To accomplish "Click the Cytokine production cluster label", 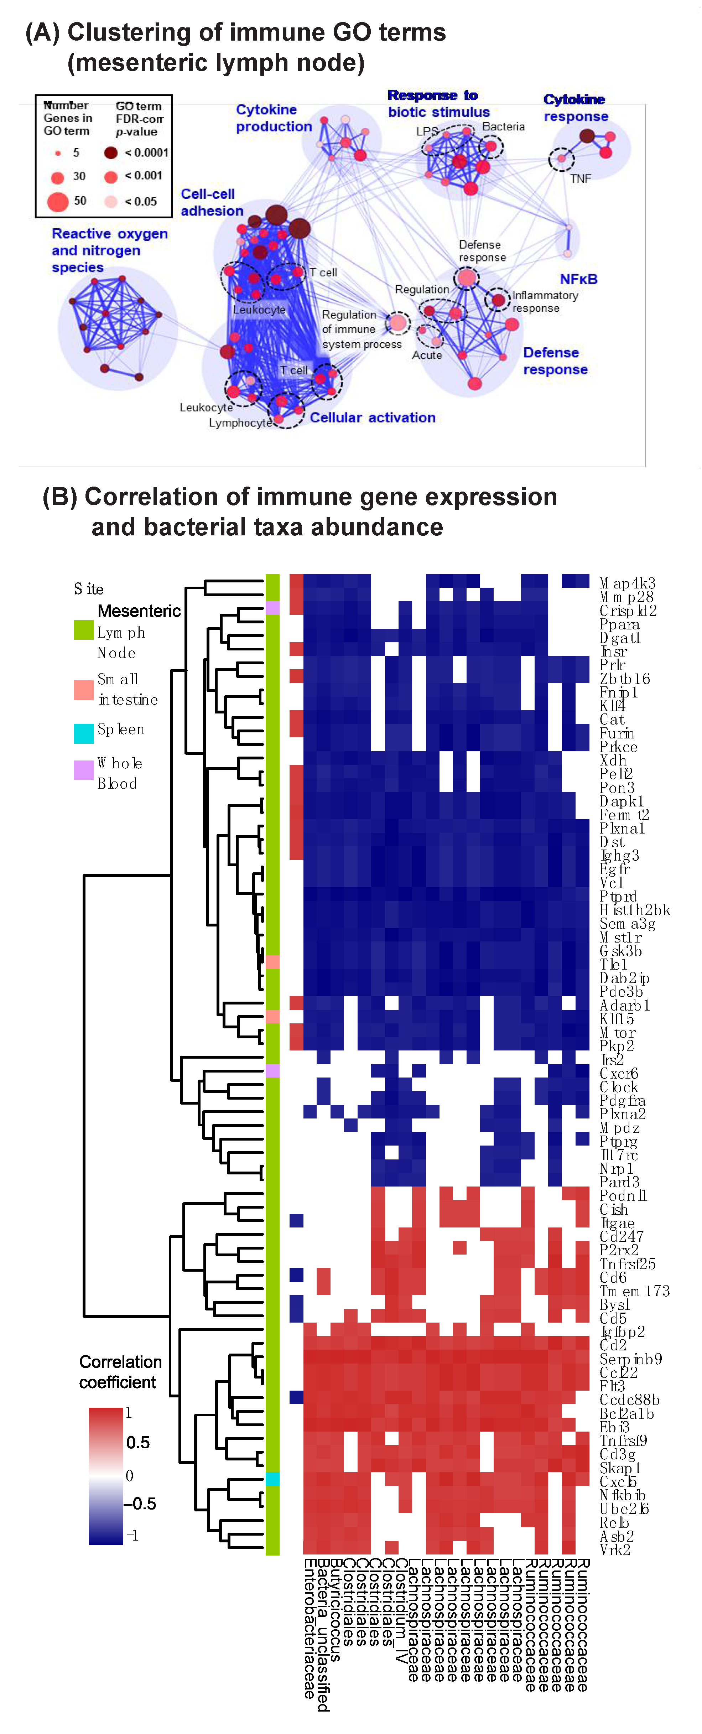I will [x=273, y=118].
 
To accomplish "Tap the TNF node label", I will [x=580, y=178].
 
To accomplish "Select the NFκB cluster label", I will [x=578, y=279].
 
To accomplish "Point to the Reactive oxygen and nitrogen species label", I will [x=109, y=250].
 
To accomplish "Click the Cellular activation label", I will [x=372, y=417].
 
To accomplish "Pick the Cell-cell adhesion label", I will [x=211, y=202].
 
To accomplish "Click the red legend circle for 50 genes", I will [x=58, y=201].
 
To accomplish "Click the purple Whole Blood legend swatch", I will [x=83, y=770].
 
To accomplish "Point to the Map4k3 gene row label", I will [x=626, y=583].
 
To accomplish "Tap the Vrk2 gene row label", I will [x=614, y=1549].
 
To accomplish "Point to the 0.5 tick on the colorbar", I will [x=137, y=1443].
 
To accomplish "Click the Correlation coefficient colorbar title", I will [x=120, y=1372].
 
